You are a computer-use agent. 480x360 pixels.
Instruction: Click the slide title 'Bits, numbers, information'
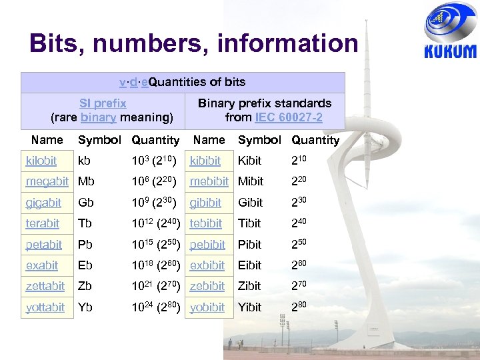[193, 44]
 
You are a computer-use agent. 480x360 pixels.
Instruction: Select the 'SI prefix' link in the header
[103, 103]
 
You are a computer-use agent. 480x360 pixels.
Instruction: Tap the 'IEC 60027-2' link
[287, 117]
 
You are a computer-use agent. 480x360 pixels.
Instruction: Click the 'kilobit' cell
[41, 161]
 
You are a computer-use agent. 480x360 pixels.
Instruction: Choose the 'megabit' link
[47, 181]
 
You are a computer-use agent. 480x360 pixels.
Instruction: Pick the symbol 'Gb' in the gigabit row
[85, 203]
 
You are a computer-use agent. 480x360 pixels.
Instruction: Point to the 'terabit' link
[43, 223]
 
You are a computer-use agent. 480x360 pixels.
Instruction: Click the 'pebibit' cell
[207, 245]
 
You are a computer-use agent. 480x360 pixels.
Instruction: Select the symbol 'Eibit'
[250, 265]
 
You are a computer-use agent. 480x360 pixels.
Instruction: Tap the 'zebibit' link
[207, 286]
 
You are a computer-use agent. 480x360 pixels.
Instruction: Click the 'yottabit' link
[45, 307]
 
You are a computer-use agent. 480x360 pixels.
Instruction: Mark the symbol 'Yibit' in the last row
[250, 307]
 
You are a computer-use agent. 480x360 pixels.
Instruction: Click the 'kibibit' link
[206, 161]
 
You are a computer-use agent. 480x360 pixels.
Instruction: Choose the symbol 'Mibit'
[251, 181]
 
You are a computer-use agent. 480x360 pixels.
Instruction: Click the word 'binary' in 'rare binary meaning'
[98, 117]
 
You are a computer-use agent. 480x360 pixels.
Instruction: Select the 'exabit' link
[42, 265]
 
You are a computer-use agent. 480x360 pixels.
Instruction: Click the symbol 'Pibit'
[250, 245]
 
